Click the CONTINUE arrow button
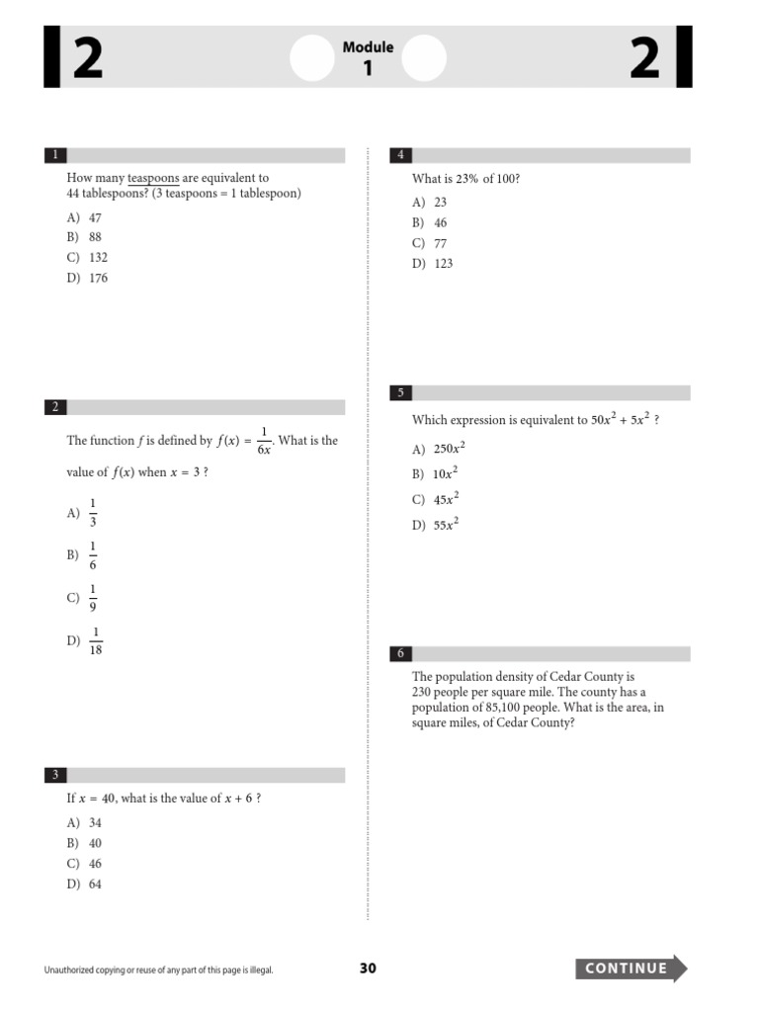click(631, 969)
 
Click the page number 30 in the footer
click(368, 969)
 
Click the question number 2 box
click(55, 407)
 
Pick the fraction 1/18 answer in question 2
click(96, 640)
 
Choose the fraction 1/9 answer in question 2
click(93, 598)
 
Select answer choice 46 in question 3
click(95, 864)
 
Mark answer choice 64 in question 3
click(95, 885)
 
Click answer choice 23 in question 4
click(440, 202)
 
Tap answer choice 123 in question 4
click(443, 264)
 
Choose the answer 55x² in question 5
click(446, 525)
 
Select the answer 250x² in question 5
click(449, 449)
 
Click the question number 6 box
click(401, 653)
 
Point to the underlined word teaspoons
click(153, 179)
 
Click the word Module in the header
click(368, 47)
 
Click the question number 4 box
click(401, 155)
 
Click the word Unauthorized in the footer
click(73, 970)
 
